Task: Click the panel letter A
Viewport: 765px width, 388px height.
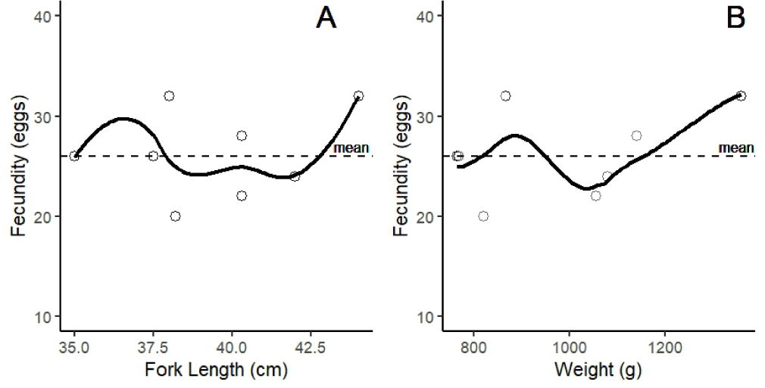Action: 326,19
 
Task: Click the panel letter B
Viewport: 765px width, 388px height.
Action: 735,19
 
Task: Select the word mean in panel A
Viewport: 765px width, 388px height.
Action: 351,148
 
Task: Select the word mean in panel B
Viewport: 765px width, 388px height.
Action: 735,147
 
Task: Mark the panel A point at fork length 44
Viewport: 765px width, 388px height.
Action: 358,96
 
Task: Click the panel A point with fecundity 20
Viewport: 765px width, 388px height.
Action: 176,216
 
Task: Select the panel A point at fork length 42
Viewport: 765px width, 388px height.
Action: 295,176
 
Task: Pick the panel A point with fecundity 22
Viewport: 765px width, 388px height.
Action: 242,196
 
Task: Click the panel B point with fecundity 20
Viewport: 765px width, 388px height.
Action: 483,216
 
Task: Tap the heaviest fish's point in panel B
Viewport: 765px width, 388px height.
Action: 741,96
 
